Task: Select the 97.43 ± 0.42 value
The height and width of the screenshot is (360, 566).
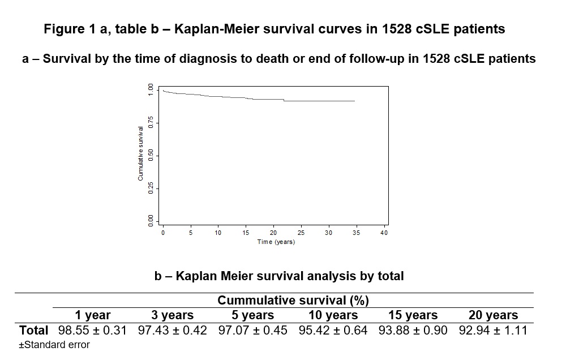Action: coord(173,329)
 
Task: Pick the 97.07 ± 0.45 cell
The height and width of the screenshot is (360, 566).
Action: coord(253,329)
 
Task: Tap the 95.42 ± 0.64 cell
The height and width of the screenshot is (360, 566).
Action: coord(333,329)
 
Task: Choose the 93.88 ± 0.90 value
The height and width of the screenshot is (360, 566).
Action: coord(413,329)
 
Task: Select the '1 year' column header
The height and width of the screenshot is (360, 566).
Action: coord(93,315)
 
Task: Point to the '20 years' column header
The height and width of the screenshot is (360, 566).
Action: coord(489,315)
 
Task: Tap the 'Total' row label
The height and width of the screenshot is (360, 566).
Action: coord(33,329)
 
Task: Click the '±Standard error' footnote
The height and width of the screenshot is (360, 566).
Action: coord(54,344)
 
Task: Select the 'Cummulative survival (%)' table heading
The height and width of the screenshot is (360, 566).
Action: coord(293,301)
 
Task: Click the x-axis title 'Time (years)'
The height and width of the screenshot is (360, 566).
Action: coord(276,242)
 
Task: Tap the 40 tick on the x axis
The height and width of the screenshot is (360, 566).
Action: coord(384,233)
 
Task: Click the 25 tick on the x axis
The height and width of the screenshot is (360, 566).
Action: coord(301,233)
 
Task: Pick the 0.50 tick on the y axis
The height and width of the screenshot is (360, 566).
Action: coord(151,156)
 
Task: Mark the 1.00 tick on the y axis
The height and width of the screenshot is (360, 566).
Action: coord(151,89)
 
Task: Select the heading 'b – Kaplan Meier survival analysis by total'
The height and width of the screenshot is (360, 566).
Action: coord(279,276)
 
